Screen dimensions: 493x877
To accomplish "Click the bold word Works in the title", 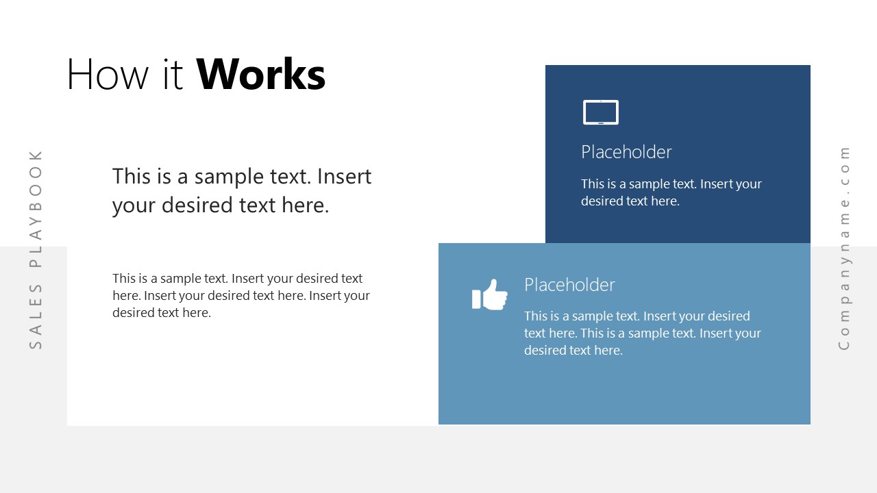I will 261,75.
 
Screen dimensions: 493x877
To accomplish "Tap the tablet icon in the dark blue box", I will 600,112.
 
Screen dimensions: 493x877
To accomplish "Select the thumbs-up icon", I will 490,294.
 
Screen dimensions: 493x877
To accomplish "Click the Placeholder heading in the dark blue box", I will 626,152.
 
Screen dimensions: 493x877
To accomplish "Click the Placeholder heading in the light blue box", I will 569,285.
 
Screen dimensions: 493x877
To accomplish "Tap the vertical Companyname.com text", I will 844,248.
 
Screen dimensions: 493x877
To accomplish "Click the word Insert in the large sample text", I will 344,177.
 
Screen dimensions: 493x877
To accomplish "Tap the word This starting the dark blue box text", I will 593,184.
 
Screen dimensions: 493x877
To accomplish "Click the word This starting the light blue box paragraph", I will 536,316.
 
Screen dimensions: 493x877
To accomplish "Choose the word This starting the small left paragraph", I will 125,279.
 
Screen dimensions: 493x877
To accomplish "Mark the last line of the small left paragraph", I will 162,313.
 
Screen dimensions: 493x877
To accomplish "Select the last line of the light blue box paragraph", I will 573,351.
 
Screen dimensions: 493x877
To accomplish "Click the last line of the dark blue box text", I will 630,201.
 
